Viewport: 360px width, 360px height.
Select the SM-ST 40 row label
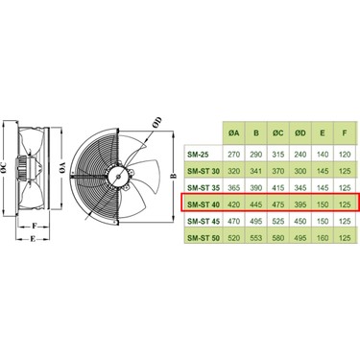coord(202,204)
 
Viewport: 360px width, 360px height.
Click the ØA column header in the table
coord(233,133)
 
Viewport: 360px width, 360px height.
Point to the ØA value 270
coord(233,152)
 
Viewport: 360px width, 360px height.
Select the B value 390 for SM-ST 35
coord(255,186)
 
